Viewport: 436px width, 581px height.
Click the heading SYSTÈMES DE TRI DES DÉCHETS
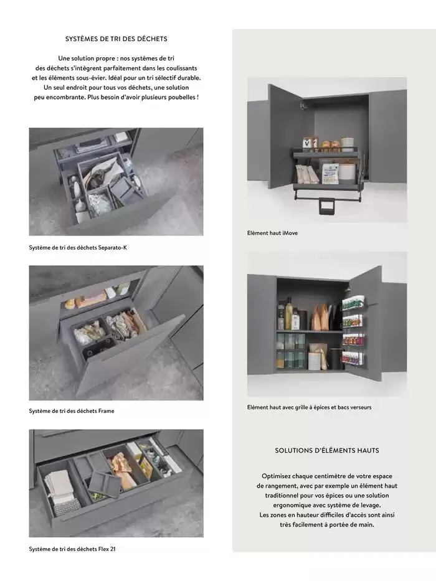tap(116, 39)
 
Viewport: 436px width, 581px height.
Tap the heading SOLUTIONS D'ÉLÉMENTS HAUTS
tap(327, 450)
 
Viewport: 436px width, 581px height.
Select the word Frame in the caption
tap(107, 411)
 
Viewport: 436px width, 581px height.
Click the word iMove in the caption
tap(289, 233)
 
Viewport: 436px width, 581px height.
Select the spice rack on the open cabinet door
tap(354, 330)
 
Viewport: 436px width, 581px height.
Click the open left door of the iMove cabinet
tap(286, 135)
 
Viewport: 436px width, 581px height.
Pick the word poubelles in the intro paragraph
tap(181, 98)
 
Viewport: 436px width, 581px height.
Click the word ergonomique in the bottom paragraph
tap(290, 506)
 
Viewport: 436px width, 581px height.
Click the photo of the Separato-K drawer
tap(116, 182)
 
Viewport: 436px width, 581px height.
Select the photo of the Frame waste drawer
tap(116, 333)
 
